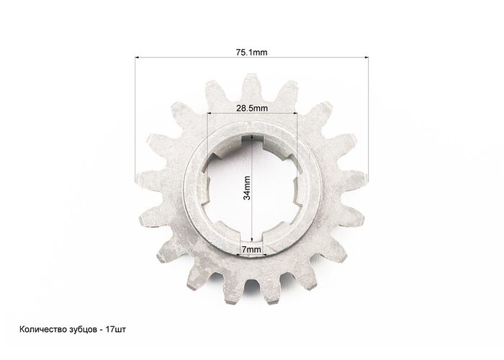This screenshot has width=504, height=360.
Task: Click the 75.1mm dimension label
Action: tap(252, 52)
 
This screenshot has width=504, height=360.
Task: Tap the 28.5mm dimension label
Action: tap(252, 108)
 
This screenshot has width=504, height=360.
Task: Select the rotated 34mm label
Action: tap(247, 188)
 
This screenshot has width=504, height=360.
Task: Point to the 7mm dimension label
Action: tap(251, 249)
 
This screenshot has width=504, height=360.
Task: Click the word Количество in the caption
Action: tap(43, 330)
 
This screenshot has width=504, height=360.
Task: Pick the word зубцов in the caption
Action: tap(83, 330)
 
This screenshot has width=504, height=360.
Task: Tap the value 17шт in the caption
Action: tap(116, 330)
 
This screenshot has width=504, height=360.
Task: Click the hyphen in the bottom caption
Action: tap(101, 330)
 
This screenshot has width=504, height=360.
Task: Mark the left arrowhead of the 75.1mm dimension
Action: tap(138, 58)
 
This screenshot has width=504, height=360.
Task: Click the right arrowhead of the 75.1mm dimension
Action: tap(366, 58)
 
